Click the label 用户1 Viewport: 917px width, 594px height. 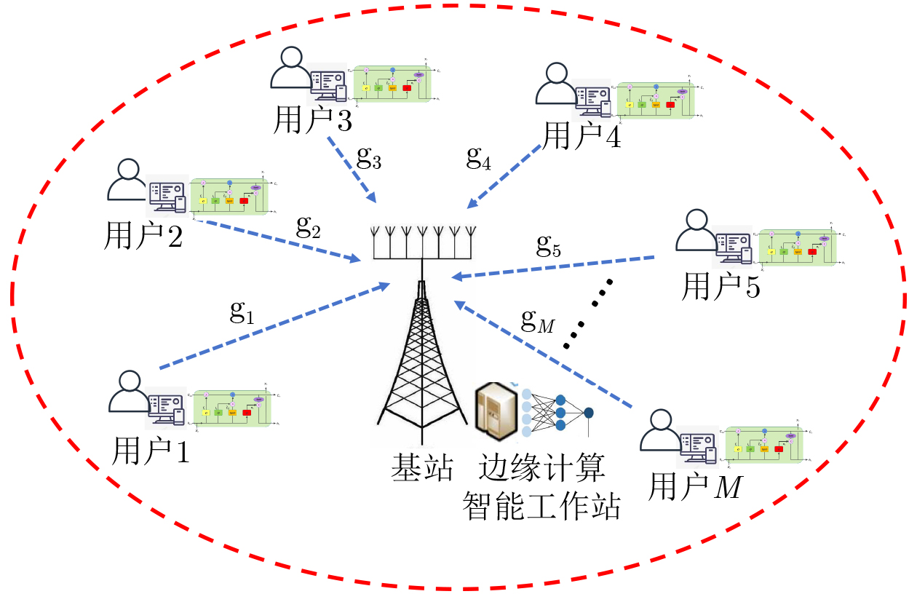[151, 452]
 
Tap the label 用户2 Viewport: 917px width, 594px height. [143, 235]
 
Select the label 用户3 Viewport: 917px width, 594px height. [312, 121]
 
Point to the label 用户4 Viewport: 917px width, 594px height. [582, 135]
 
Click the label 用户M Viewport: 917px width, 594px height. [694, 487]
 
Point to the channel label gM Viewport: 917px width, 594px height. [538, 320]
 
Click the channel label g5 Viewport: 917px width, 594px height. [549, 247]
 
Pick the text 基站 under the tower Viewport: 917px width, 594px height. [422, 467]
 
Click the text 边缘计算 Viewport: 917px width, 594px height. [541, 467]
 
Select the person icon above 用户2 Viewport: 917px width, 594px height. [127, 180]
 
